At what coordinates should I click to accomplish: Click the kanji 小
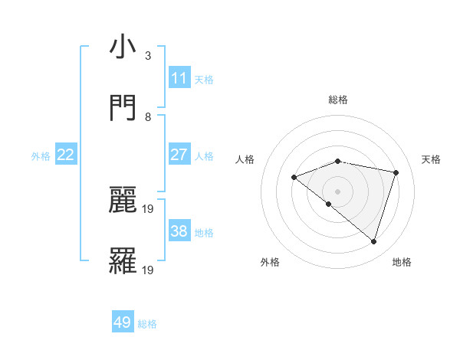(x=123, y=47)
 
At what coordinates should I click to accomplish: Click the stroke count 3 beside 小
(x=148, y=56)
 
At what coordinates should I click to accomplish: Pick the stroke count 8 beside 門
(x=148, y=117)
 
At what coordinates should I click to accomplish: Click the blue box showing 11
(x=179, y=78)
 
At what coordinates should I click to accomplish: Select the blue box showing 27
(x=179, y=155)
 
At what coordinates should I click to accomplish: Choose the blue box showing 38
(x=179, y=231)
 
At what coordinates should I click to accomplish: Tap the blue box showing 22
(x=66, y=155)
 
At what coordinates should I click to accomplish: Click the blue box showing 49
(x=123, y=322)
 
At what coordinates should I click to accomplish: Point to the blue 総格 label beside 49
(x=147, y=324)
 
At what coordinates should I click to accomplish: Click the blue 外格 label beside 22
(x=41, y=156)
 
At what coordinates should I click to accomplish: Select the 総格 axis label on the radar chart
(x=338, y=100)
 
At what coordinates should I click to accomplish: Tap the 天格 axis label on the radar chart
(x=431, y=159)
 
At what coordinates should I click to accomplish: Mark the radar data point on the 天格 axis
(x=396, y=172)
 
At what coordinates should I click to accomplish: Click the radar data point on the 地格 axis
(x=373, y=241)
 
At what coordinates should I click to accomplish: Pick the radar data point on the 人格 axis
(x=294, y=177)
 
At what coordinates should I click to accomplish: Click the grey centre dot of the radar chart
(x=338, y=191)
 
